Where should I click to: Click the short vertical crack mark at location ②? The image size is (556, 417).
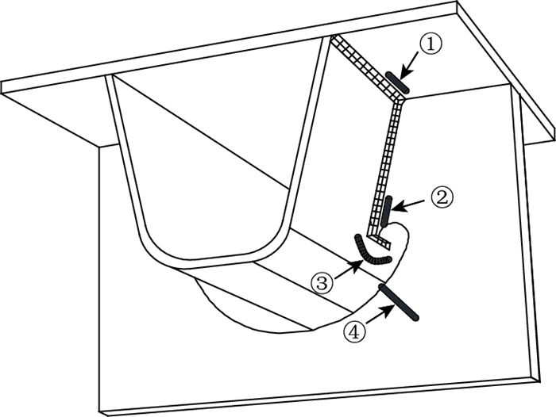pos(387,212)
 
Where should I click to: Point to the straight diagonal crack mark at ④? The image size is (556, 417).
pos(399,301)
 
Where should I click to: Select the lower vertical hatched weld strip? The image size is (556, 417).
pos(388,159)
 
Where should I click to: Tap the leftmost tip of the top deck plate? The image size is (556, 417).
pos(3,86)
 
